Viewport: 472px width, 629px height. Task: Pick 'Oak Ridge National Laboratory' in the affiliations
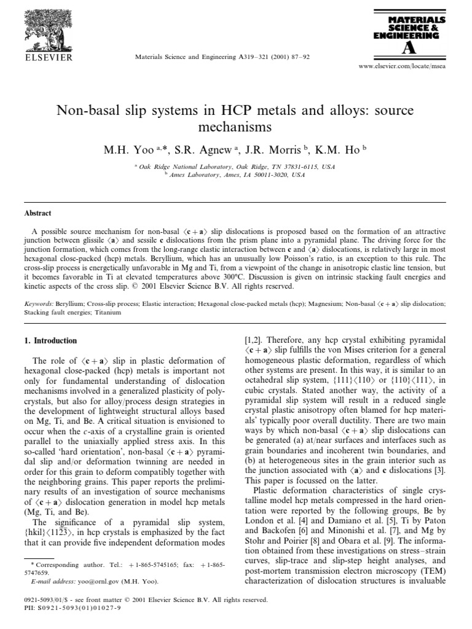[178, 166]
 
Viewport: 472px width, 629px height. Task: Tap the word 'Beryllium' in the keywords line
[68, 303]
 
